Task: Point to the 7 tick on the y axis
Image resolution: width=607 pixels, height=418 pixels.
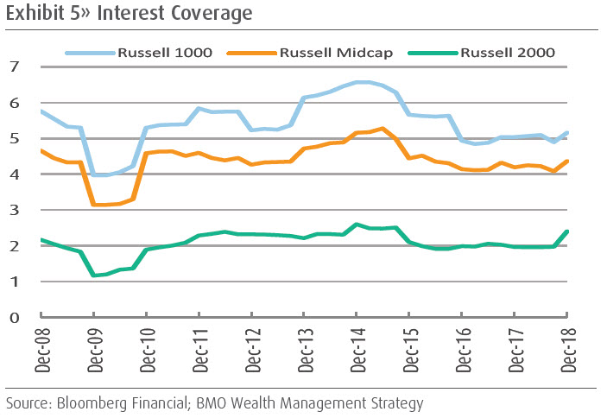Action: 16,66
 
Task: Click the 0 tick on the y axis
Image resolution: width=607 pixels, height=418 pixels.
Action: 16,317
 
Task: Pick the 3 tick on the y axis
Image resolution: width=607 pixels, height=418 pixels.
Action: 16,210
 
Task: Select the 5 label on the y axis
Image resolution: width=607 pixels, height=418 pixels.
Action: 16,138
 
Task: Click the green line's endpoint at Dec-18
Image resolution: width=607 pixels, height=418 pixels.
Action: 567,231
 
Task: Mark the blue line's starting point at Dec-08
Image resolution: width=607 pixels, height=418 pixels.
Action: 41,111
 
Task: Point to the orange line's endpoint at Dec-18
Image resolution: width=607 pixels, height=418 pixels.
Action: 567,161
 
